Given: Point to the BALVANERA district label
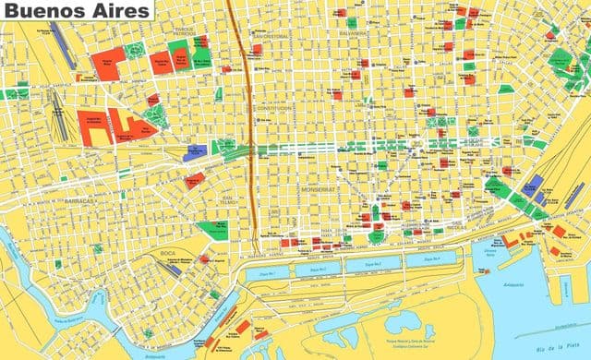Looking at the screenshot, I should [x=352, y=35].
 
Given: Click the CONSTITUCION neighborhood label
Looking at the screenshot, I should [x=274, y=108].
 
